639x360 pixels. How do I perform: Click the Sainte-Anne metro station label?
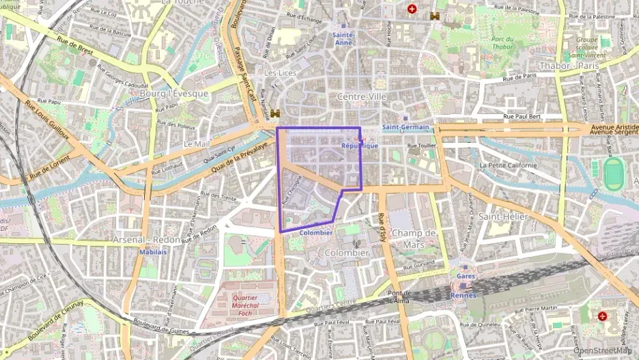pos(343,38)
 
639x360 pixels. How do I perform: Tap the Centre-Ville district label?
pos(362,97)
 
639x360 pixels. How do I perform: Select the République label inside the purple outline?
pos(359,146)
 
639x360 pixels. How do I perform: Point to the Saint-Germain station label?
pos(406,127)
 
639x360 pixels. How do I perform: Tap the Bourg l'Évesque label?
pos(173,93)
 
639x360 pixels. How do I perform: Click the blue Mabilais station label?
pos(153,251)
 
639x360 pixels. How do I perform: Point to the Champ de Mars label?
pos(414,238)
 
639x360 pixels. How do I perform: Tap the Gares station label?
pos(466,276)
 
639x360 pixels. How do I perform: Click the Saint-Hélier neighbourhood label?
pos(504,217)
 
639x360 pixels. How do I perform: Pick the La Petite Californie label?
pos(509,165)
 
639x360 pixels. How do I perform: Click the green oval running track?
pos(614,175)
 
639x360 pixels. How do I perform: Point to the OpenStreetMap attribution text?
pos(603,350)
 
